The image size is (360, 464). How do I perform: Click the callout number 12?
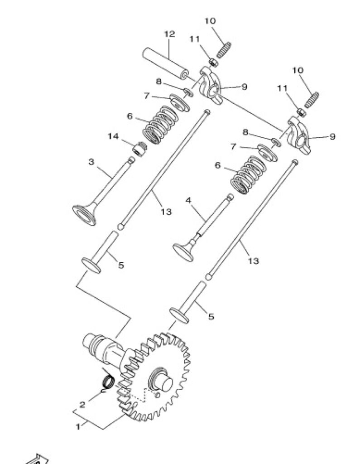coord(169,34)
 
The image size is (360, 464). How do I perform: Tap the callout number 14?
coord(113,136)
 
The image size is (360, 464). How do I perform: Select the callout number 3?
coord(91,162)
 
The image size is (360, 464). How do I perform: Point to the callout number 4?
coord(188,200)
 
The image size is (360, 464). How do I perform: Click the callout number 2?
coord(82,404)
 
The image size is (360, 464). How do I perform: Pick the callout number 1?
coord(78,427)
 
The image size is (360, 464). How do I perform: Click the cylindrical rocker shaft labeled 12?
coord(166,64)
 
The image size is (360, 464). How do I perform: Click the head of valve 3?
coord(84,214)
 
